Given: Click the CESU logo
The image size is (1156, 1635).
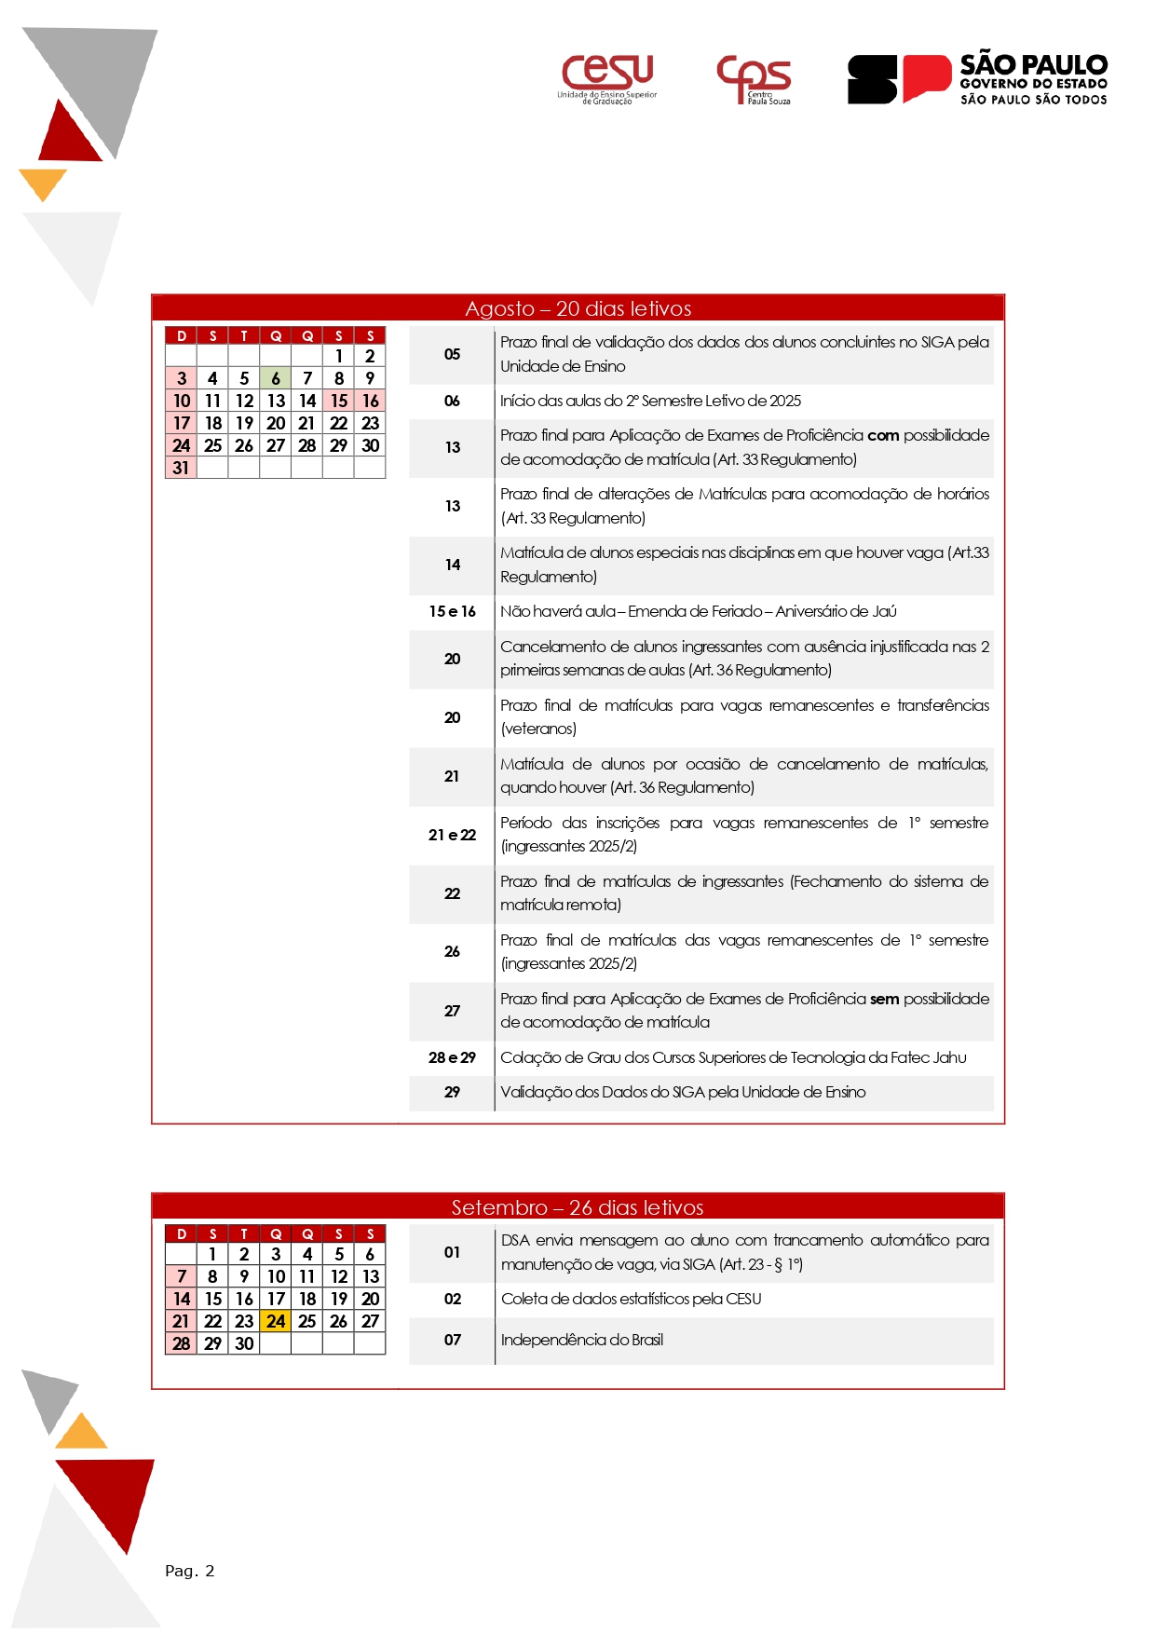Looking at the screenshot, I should (x=607, y=78).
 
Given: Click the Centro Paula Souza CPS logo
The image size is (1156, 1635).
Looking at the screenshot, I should (x=754, y=78).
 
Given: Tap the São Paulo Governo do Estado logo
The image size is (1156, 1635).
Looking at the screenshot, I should (x=977, y=78).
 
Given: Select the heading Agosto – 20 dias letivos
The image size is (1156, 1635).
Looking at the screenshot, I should (x=578, y=308).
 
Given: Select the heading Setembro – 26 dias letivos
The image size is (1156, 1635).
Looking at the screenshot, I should (x=578, y=1207).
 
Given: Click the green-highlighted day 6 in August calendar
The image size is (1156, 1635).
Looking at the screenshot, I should (x=276, y=378).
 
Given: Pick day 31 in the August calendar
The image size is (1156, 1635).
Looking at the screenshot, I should (x=181, y=468).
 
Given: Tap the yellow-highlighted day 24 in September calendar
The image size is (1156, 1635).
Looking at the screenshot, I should (x=276, y=1321).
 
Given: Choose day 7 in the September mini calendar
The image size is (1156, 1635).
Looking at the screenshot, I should (x=181, y=1276).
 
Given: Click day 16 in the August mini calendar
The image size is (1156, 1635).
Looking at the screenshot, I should (x=370, y=401).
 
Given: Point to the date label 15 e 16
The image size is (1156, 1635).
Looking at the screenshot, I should (x=452, y=611).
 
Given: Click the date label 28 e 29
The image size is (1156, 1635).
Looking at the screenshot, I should (x=452, y=1057).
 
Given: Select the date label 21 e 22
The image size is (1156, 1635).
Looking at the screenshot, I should (x=452, y=835).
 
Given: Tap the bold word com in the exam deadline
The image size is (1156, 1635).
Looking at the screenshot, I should (x=883, y=435).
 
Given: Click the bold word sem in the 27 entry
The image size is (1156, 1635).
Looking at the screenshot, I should (x=884, y=999).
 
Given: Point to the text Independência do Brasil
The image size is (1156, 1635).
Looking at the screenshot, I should (x=582, y=1340).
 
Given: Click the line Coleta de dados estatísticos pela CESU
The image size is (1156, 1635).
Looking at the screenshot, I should (x=631, y=1299).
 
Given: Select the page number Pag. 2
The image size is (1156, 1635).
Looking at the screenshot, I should (x=190, y=1571).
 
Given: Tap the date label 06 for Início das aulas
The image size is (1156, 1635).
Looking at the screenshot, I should (x=452, y=401).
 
